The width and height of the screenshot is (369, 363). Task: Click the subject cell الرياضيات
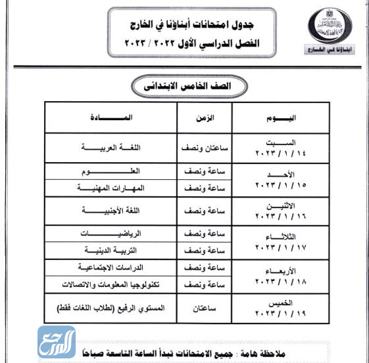(x=111, y=234)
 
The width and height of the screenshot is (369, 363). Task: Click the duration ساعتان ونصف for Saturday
(x=205, y=148)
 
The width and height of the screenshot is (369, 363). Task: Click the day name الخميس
(x=283, y=302)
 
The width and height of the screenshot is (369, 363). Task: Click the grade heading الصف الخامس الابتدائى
(x=186, y=85)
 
